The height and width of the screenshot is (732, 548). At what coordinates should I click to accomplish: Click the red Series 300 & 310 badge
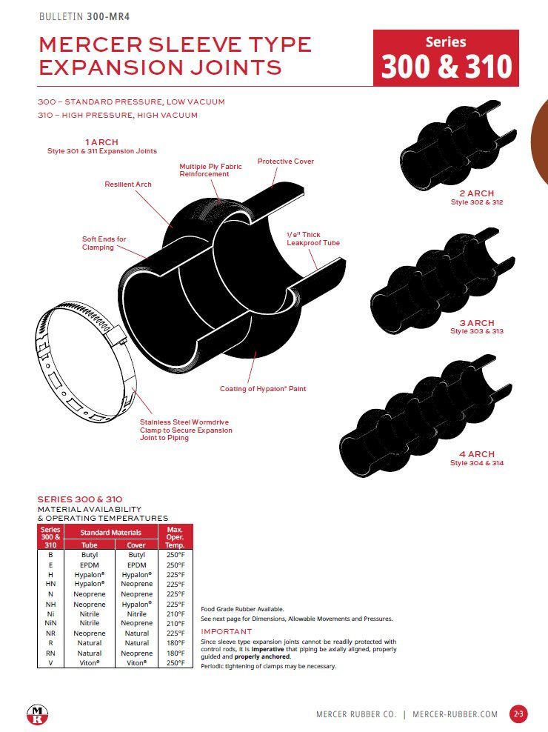click(x=446, y=58)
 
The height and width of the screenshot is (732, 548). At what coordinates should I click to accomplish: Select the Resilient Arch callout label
click(x=127, y=184)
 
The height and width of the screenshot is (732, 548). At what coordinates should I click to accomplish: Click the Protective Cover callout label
click(x=285, y=161)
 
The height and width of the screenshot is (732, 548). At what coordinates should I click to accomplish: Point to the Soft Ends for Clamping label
click(x=104, y=243)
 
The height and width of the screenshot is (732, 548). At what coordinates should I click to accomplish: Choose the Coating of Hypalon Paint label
click(x=262, y=388)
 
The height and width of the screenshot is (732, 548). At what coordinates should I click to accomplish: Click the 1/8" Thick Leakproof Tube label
click(x=313, y=239)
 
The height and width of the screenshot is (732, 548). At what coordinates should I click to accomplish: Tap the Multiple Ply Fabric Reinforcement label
click(x=210, y=170)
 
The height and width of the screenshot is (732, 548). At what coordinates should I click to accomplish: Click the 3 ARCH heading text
click(x=476, y=323)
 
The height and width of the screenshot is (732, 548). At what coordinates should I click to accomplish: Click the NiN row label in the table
click(x=50, y=624)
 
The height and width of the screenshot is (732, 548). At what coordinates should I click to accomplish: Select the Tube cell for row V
click(x=89, y=662)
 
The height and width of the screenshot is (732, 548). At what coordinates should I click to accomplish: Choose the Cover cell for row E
click(x=137, y=565)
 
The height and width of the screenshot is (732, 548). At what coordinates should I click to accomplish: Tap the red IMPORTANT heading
click(x=227, y=632)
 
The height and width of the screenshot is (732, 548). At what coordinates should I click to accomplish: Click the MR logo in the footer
click(x=36, y=714)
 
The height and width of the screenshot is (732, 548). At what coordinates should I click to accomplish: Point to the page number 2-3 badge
click(x=518, y=714)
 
